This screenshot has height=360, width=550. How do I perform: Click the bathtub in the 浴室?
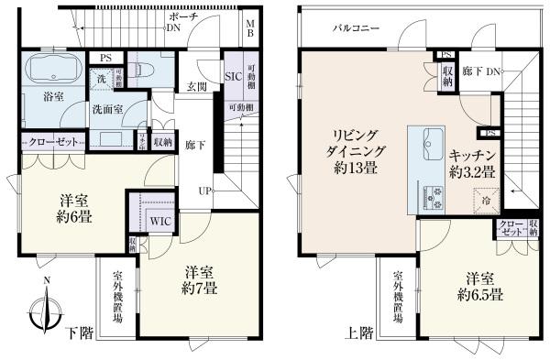point(51,70)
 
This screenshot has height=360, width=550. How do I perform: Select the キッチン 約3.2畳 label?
point(473,164)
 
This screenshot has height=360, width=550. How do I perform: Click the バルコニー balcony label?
point(357,29)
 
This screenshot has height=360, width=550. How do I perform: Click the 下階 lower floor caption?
point(80,333)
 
